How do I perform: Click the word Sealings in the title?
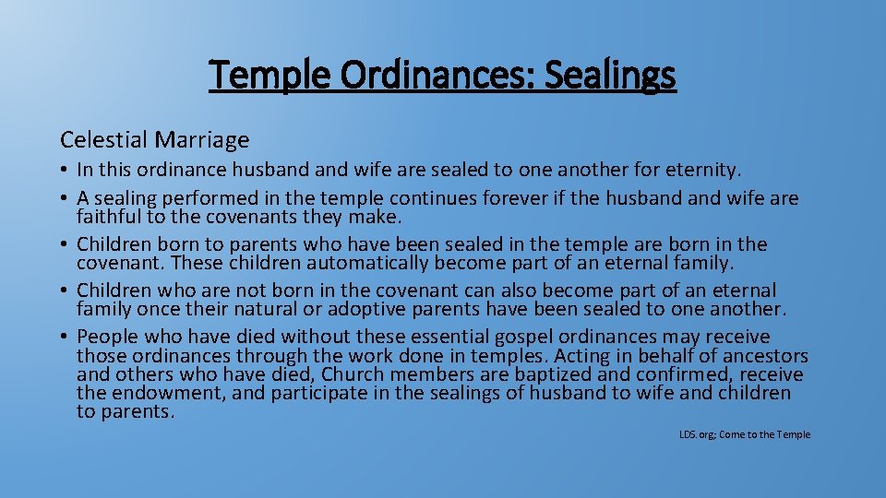click(610, 76)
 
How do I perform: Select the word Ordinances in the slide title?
click(437, 76)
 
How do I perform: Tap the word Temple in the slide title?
click(270, 76)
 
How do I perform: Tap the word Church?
click(420, 374)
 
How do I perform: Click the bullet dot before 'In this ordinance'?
click(66, 171)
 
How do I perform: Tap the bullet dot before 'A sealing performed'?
click(66, 199)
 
